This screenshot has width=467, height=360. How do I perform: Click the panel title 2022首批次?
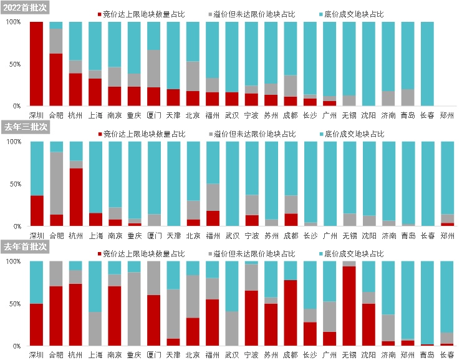click(x=25, y=8)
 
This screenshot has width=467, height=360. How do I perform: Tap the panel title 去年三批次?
click(x=25, y=127)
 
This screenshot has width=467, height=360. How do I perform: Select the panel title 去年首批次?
click(x=25, y=247)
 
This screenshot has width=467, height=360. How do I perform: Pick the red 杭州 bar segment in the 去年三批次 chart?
click(x=76, y=197)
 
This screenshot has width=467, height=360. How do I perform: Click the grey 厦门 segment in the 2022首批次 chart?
click(x=155, y=69)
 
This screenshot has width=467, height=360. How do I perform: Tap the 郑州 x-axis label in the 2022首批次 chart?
click(x=448, y=115)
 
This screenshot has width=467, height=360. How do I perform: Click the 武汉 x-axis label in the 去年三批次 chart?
click(x=233, y=236)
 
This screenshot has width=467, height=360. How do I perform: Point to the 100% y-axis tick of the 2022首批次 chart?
click(x=13, y=22)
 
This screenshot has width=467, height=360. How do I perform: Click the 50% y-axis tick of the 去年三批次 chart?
click(x=14, y=184)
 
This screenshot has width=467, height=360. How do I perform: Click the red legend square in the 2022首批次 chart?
click(x=100, y=13)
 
